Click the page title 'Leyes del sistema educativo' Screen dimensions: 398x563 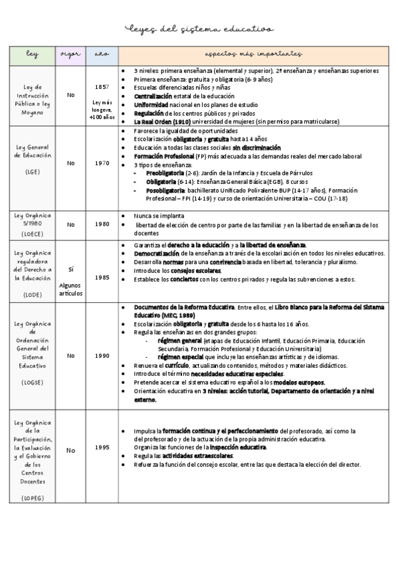[199, 29]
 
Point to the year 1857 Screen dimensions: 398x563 [102, 87]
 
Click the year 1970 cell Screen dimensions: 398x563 [102, 163]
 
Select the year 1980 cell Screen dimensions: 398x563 [102, 224]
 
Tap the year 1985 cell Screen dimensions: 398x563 [102, 278]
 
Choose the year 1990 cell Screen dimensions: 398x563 [102, 356]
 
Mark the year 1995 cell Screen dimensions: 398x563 [102, 447]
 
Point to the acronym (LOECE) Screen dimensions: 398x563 [33, 234]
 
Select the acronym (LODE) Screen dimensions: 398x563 [33, 293]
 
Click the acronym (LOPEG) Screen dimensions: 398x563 [33, 497]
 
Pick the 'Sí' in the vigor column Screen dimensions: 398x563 [70, 269]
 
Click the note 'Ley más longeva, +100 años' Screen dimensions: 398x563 [102, 110]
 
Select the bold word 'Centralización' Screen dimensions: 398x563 [157, 96]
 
